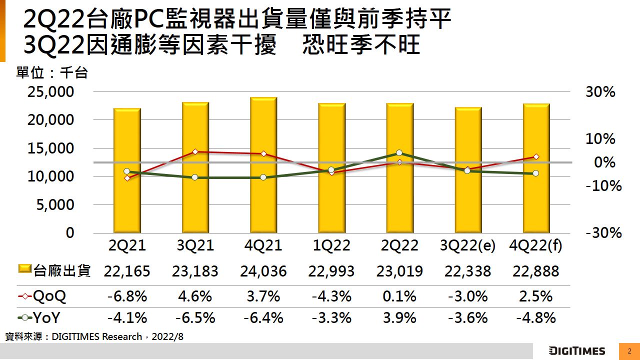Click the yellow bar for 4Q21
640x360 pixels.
(x=263, y=165)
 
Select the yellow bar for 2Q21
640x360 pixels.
(x=127, y=170)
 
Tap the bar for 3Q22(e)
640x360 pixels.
(x=467, y=170)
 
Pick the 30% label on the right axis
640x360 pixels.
(x=600, y=92)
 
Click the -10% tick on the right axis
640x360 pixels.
(x=603, y=186)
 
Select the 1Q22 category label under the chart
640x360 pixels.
(x=331, y=245)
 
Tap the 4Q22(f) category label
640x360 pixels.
(x=535, y=245)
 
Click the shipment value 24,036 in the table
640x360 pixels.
(x=263, y=271)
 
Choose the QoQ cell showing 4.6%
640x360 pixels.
(x=195, y=296)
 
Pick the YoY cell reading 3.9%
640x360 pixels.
(x=399, y=317)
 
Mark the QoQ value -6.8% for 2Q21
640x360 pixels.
(x=127, y=296)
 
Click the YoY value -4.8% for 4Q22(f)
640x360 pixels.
(x=535, y=317)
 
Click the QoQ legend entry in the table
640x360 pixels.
(x=42, y=296)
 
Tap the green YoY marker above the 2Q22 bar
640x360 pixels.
(x=399, y=153)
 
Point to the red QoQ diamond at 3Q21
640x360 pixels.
(x=195, y=151)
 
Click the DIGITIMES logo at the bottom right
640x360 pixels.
(x=576, y=351)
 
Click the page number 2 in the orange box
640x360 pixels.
(x=629, y=351)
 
